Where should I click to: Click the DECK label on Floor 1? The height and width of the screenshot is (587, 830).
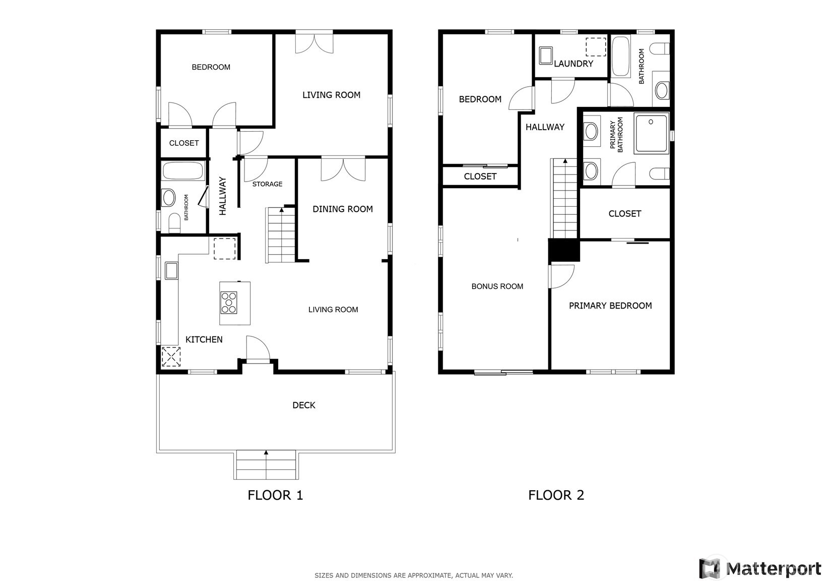pos(304,405)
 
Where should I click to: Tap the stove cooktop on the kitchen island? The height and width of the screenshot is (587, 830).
pos(229,303)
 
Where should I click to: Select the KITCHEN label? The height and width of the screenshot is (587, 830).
pos(204,339)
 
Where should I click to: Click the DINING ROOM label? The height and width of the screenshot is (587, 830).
pos(343,209)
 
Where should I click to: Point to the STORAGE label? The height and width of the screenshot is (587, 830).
pos(267,184)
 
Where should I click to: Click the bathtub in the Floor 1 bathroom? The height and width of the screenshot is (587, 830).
pos(182,171)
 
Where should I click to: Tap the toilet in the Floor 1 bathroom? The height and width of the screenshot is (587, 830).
pos(174,222)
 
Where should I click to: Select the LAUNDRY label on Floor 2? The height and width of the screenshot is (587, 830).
pos(573,64)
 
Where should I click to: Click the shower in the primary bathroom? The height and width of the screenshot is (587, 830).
pos(651,134)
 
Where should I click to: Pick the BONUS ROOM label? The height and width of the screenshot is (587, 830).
pos(497,286)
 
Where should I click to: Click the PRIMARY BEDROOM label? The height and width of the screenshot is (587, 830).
pos(610,306)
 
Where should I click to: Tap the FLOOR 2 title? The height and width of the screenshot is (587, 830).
pos(556,495)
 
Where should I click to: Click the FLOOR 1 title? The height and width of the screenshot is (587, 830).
pos(275,495)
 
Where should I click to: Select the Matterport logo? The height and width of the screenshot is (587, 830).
pos(760,568)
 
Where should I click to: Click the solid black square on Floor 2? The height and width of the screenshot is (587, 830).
pos(564,250)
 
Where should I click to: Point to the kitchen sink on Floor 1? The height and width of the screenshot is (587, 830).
pos(171,270)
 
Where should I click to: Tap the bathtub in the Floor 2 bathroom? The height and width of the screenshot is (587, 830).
pos(621,56)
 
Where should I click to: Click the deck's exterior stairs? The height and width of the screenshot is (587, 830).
pos(266,464)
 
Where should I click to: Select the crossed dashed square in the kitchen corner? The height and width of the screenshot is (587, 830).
pos(171,357)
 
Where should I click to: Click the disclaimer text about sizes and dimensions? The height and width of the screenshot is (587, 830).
pos(414,575)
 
